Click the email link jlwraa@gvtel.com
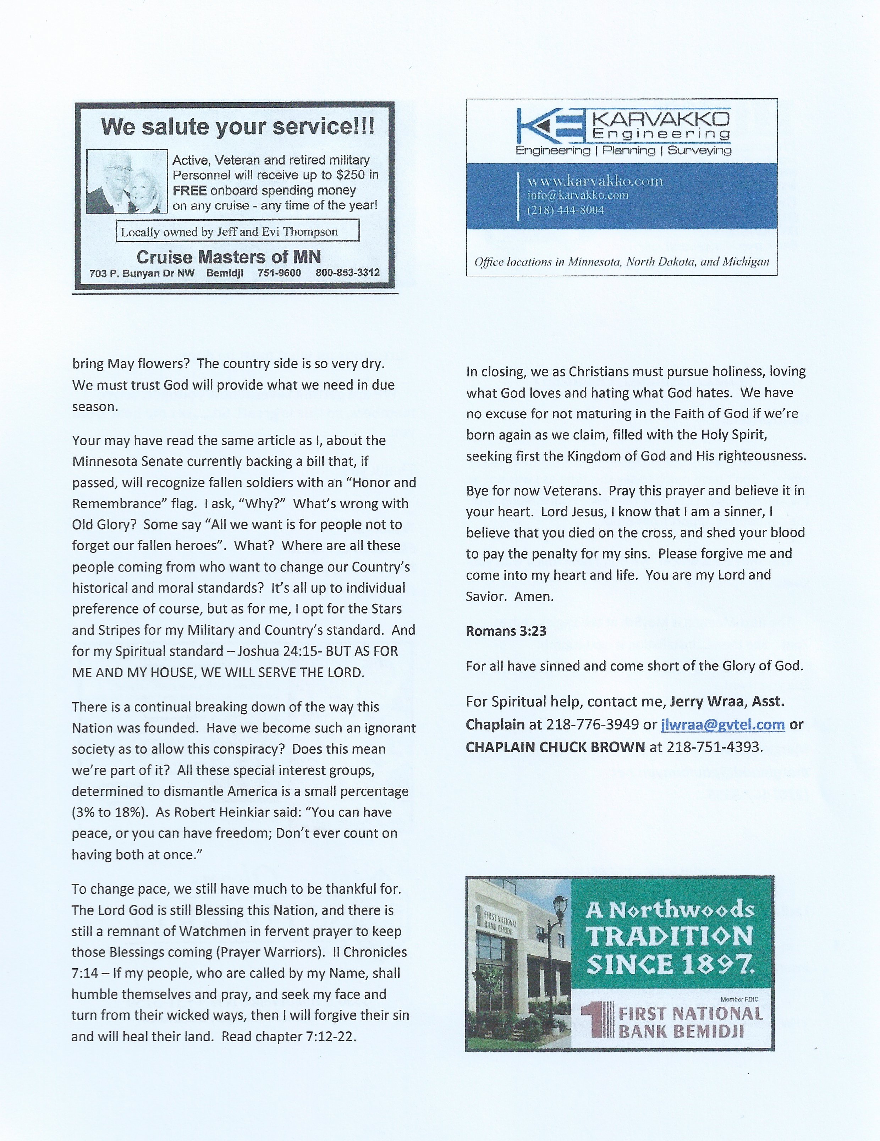click(723, 724)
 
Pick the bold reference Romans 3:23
click(506, 631)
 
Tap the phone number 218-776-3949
click(592, 724)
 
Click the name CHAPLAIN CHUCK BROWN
click(555, 747)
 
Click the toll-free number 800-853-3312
click(347, 273)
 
